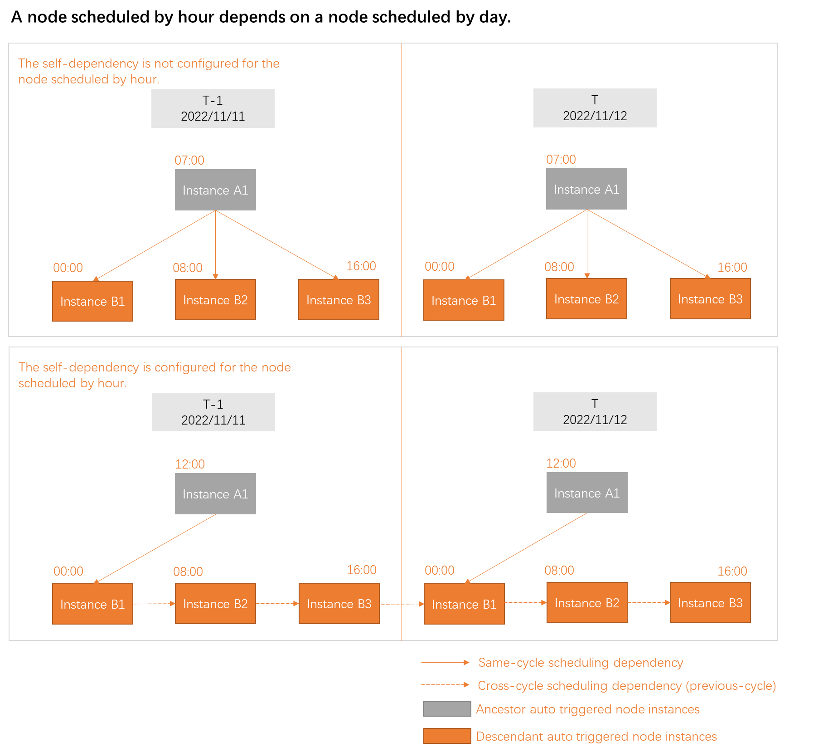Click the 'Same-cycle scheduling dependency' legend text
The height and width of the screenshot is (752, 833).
[x=581, y=663]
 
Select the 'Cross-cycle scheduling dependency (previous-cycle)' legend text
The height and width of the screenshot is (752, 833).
[x=627, y=685]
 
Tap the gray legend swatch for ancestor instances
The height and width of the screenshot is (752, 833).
[x=447, y=708]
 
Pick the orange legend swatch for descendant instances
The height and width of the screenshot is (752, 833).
[x=447, y=736]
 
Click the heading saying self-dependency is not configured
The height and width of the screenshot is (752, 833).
[x=149, y=71]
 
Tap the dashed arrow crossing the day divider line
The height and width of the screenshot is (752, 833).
[x=402, y=604]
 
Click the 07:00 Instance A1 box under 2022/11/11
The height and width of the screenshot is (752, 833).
[x=215, y=190]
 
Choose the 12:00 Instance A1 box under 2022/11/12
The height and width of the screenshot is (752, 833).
[x=587, y=493]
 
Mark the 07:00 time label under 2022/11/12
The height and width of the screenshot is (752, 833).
[x=561, y=159]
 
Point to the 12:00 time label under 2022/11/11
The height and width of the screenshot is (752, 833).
[x=190, y=464]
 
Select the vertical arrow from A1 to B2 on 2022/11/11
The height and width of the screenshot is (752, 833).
[x=215, y=245]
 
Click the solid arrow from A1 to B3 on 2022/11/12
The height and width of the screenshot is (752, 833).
[x=648, y=244]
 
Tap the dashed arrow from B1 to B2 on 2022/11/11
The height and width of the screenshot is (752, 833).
[x=154, y=604]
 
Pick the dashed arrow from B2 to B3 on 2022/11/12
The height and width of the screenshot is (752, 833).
[x=649, y=603]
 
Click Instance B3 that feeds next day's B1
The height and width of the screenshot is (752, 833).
[x=339, y=604]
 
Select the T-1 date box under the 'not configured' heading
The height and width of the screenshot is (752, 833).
[x=213, y=108]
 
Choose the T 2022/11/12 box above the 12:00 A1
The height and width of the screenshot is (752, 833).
[x=595, y=412]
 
